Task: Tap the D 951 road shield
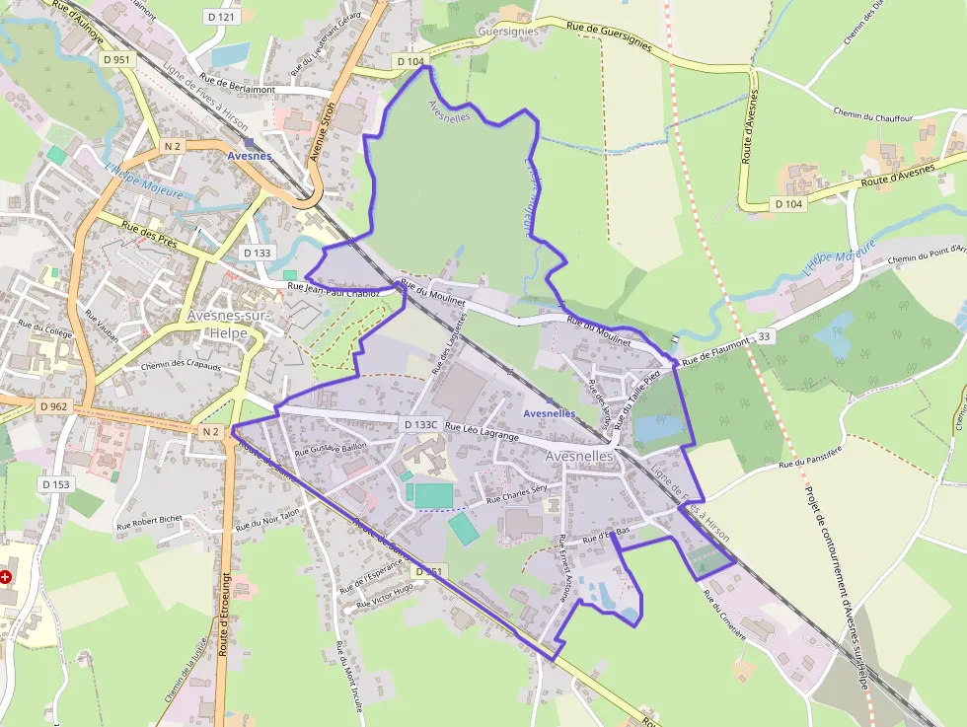tap(116, 59)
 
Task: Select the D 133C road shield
tap(420, 424)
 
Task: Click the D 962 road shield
tap(55, 405)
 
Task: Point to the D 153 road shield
tap(56, 484)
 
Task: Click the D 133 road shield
tap(256, 253)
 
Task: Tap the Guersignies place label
tap(507, 32)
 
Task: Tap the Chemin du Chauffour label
tap(872, 116)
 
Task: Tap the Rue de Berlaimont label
tap(237, 85)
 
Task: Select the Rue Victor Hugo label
tap(386, 593)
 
